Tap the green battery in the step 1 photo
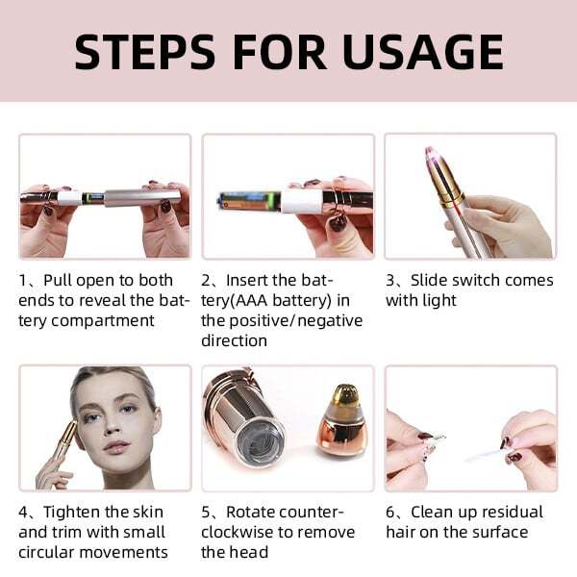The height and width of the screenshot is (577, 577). click(92, 197)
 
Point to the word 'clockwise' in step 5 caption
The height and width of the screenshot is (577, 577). click(244, 532)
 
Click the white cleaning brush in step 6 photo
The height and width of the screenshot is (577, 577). click(490, 450)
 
